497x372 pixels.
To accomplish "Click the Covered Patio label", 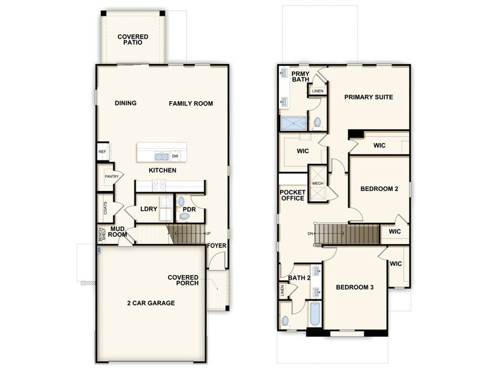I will coord(132,40).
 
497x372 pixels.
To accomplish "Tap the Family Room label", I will coord(191,103).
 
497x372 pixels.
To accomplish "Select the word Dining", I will coord(126,103).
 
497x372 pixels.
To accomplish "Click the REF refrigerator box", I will coord(101,152).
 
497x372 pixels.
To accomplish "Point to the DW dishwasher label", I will coord(175,156).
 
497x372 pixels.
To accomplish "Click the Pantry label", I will coord(112,177).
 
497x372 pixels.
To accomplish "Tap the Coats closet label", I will coord(105,207).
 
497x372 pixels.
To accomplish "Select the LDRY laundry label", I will coord(149,209).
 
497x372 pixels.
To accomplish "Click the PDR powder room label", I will coord(189,209).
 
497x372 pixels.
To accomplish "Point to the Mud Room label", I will coord(119,232).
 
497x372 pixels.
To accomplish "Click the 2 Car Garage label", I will coord(151,302).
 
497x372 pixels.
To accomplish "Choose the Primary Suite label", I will coord(368,97).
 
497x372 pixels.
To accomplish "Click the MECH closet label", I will coord(318,183).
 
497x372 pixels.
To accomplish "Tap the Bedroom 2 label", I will coord(379,189).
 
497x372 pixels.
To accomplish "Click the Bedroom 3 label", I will coord(354,287).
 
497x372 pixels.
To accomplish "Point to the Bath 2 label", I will coord(299,277).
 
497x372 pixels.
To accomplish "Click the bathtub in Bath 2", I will coord(314,314).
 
